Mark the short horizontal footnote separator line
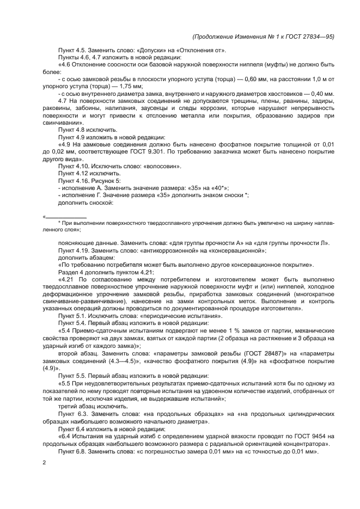(66, 217)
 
